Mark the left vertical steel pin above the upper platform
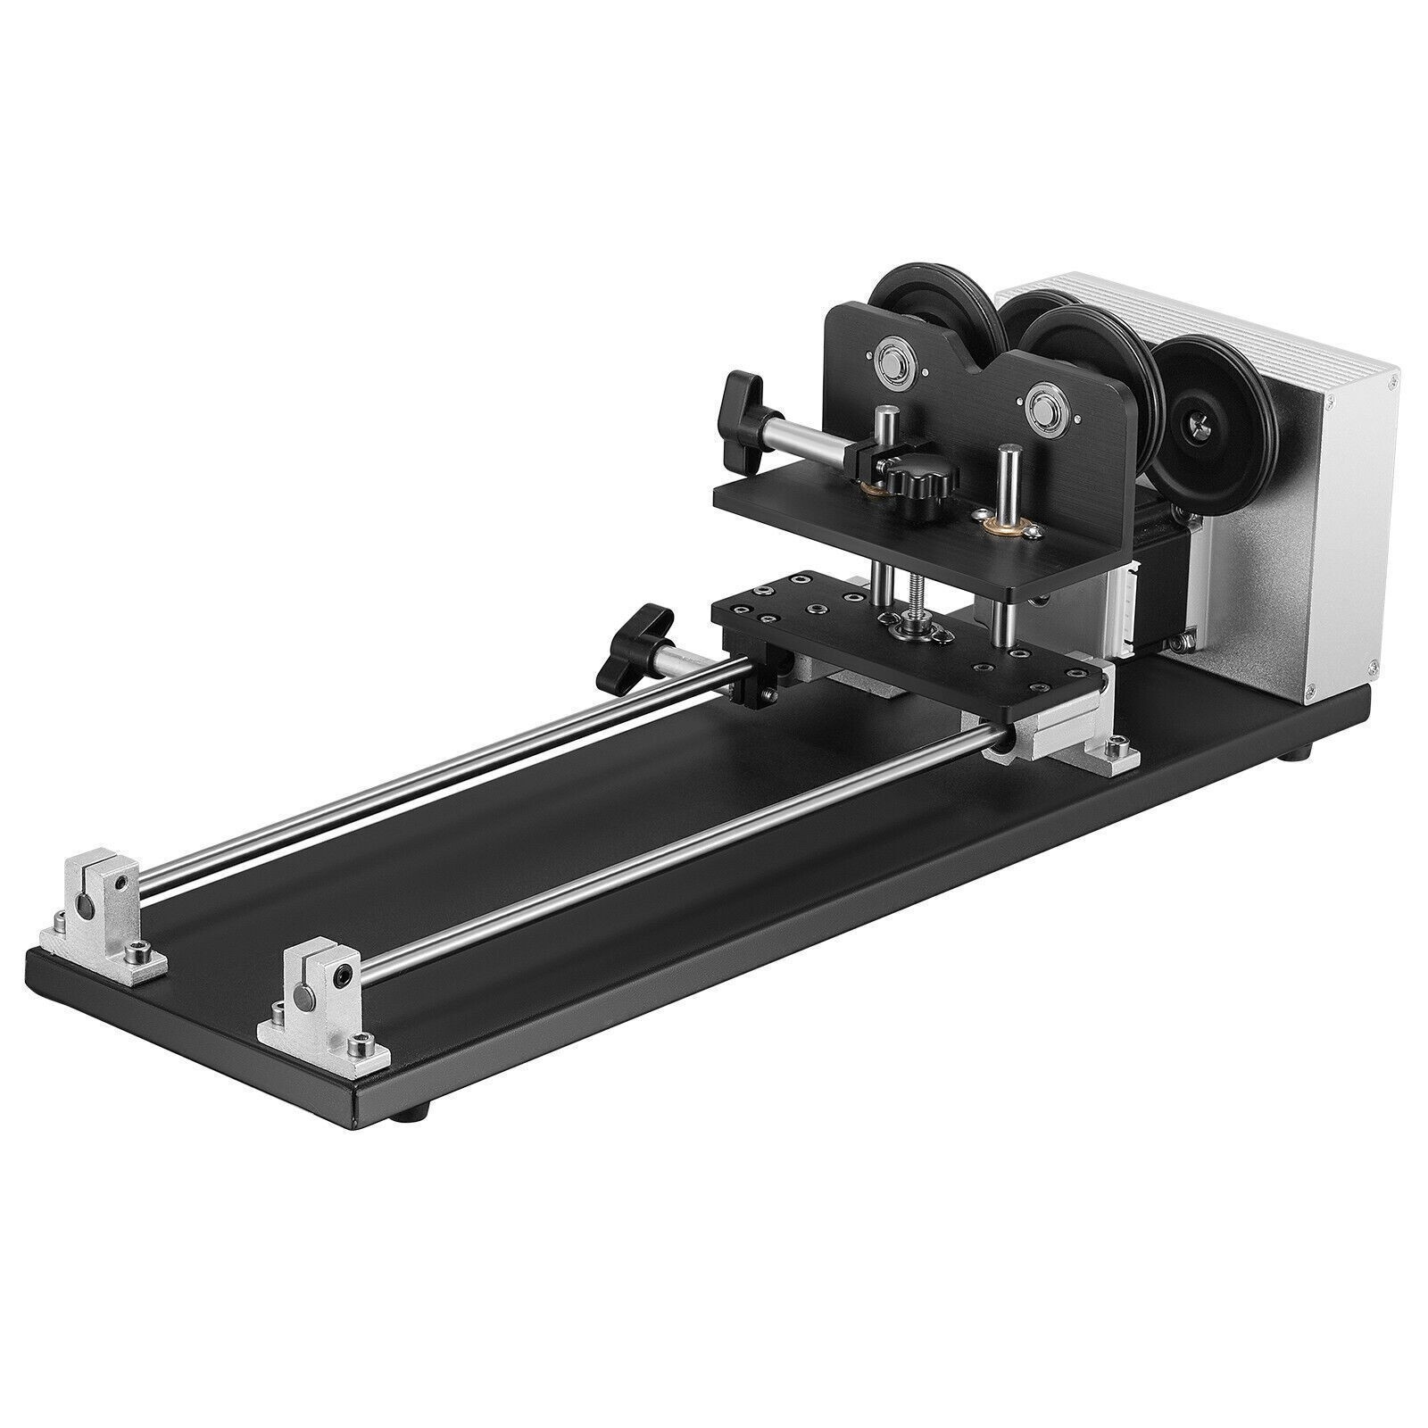(884, 437)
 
